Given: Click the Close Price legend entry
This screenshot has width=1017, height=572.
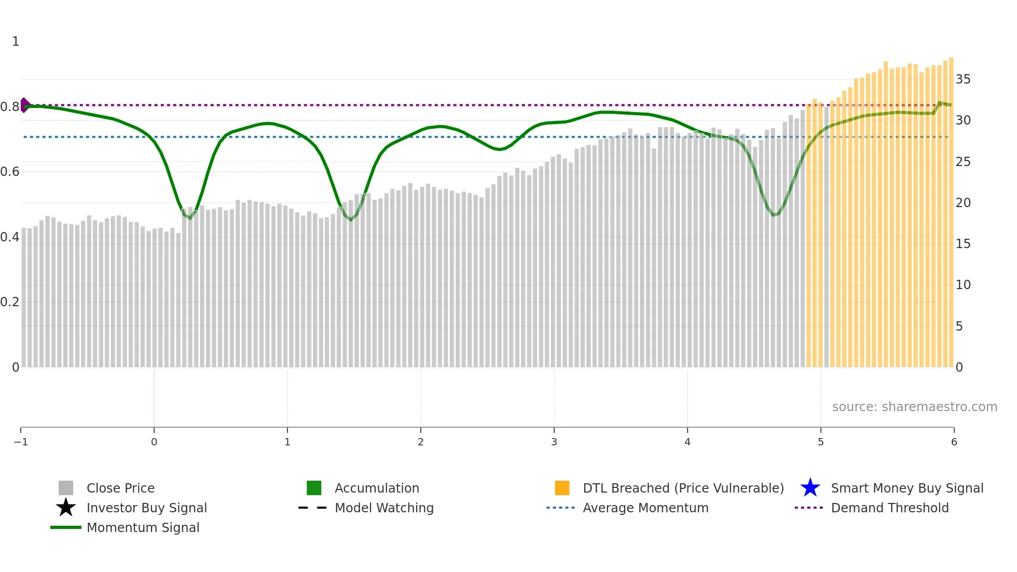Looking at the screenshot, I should point(120,488).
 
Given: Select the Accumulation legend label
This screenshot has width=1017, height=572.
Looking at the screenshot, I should point(377,488).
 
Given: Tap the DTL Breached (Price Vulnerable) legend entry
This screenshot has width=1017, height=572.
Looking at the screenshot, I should point(683,488).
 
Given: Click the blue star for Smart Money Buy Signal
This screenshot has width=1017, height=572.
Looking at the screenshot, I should point(810,488).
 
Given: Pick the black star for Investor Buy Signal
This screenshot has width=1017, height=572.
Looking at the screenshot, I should point(66,508).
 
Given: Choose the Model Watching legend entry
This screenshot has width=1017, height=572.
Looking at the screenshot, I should point(383,508).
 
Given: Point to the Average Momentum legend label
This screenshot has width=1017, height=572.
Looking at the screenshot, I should point(645,508).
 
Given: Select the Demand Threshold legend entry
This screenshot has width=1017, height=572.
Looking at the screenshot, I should point(889,508).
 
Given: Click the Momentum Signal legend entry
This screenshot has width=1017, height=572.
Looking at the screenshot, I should point(143,527).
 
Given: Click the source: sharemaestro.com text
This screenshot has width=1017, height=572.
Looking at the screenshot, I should point(914,406).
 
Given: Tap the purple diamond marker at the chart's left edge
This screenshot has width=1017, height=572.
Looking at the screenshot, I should point(24,105).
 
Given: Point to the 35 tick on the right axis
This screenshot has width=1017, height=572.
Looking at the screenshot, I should point(963,79).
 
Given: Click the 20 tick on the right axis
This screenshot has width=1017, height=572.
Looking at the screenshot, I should point(963,203).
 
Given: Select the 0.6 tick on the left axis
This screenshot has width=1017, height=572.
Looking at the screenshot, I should point(10,172).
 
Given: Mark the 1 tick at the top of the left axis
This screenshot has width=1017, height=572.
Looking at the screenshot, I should point(16,42).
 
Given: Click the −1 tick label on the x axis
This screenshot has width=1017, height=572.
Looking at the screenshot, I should point(21,442).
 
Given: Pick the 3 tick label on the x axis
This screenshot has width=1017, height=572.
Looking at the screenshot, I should point(554,442).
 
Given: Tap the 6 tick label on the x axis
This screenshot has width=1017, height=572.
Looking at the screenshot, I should point(954,442).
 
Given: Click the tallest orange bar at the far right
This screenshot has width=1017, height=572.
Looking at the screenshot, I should point(951,208).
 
